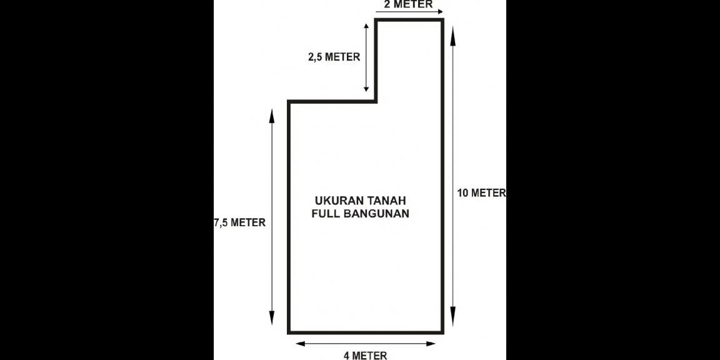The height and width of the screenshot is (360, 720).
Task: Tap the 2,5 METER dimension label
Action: tap(334, 57)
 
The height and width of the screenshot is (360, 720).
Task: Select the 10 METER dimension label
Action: tap(481, 193)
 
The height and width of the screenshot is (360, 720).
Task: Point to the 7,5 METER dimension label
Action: tap(240, 222)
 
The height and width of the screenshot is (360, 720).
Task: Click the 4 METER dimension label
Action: tap(365, 356)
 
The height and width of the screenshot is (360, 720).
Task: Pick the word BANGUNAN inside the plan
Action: tap(374, 213)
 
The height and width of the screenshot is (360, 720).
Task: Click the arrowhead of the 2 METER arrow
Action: tap(439, 11)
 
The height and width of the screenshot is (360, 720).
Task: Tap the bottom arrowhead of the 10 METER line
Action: tap(453, 316)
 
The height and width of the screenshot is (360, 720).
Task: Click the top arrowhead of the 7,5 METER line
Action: tap(272, 114)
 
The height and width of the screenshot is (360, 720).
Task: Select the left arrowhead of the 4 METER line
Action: tap(300, 343)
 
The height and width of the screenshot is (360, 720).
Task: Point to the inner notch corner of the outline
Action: tap(376, 101)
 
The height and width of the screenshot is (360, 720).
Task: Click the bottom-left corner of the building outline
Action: tap(289, 332)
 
